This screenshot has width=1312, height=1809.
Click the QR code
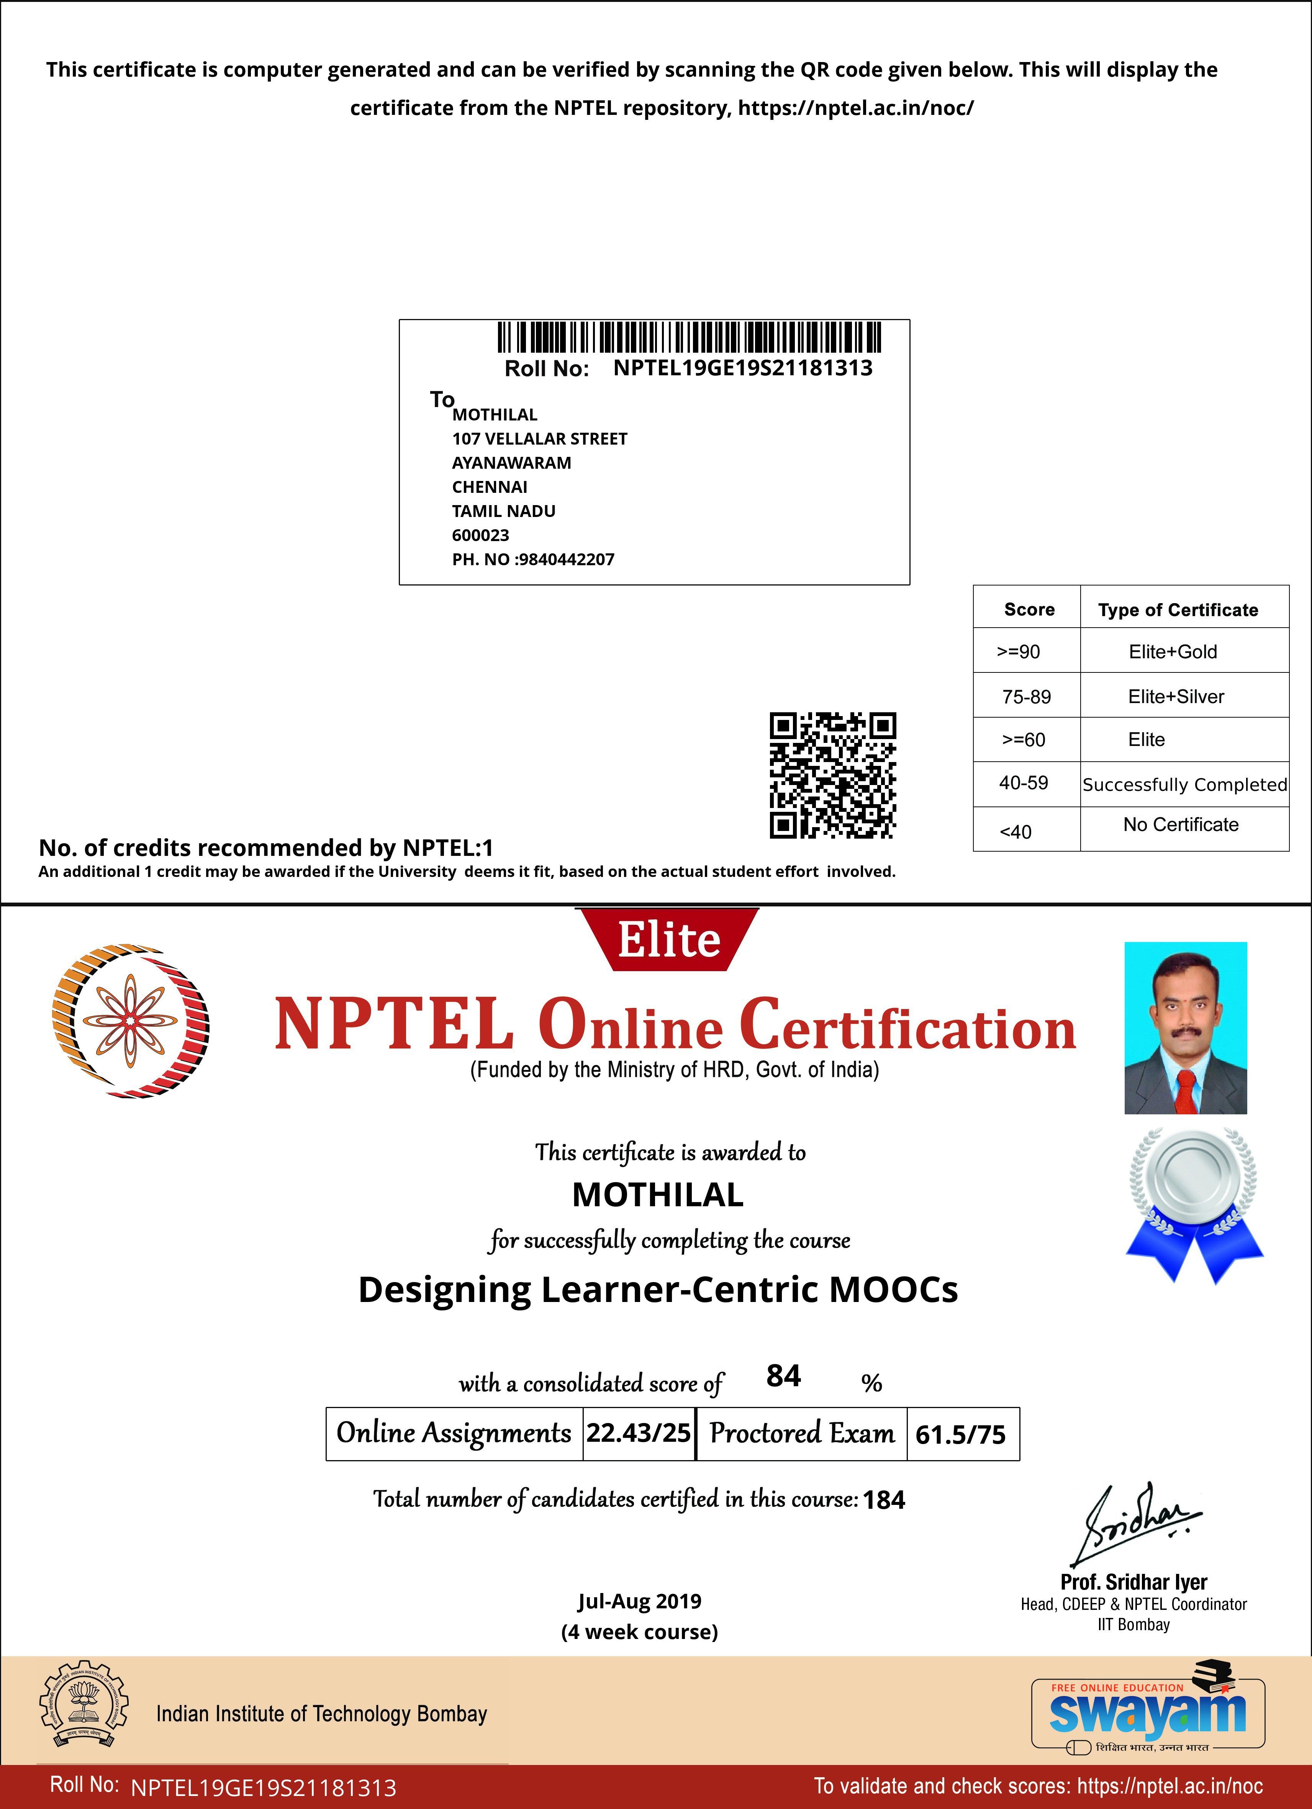coord(832,775)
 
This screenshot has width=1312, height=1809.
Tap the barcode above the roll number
coord(690,337)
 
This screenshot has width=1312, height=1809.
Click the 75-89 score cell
coord(1026,696)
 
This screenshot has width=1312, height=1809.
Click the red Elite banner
coord(668,940)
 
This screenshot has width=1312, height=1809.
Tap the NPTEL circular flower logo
coord(129,1021)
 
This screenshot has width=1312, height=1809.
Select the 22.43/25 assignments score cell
coord(639,1433)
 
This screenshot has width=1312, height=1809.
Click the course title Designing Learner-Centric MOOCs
coord(658,1290)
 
